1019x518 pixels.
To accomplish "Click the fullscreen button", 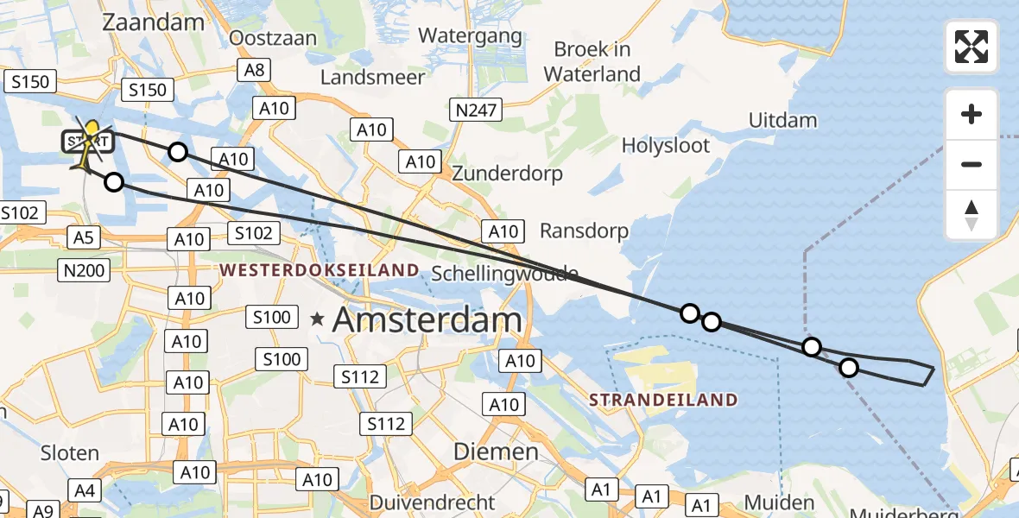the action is point(972,47).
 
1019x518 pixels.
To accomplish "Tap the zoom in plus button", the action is point(972,114).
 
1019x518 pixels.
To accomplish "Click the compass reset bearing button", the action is point(972,215).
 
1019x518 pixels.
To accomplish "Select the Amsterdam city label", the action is point(427,320).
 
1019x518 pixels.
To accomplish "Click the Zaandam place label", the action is point(152,22).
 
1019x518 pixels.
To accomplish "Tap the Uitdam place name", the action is point(782,120).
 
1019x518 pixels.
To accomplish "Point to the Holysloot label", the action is point(666,145).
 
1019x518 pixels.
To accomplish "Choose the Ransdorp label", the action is point(584,231).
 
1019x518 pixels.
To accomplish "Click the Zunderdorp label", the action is point(508,174).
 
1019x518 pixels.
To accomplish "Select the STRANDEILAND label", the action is point(663,400).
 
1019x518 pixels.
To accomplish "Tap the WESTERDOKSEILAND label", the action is point(320,270).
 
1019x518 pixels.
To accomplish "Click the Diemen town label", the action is point(496,452).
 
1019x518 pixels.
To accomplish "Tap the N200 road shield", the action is point(85,271).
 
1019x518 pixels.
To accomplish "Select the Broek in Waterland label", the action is point(592,61).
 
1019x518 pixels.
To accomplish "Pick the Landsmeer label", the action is point(372,77).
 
